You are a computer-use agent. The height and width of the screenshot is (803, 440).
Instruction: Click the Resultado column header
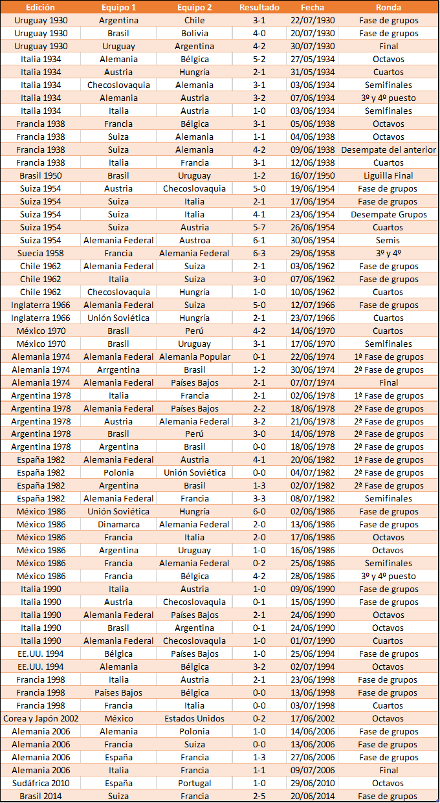[x=259, y=8]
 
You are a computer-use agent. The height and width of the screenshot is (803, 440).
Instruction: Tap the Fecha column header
[x=313, y=8]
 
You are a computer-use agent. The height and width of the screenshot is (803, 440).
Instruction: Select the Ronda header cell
[x=388, y=8]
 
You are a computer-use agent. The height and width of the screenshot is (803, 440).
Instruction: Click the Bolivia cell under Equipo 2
[x=194, y=33]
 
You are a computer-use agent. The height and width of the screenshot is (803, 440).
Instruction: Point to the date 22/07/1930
[x=313, y=20]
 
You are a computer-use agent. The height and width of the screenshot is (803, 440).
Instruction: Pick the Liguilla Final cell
[x=388, y=175]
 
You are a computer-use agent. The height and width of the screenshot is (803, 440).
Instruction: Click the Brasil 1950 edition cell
[x=41, y=175]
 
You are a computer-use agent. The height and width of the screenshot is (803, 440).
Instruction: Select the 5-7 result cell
[x=259, y=227]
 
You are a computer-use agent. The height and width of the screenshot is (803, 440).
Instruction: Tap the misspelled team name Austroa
[x=194, y=240]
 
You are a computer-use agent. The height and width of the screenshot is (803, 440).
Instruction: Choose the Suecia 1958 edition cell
[x=41, y=253]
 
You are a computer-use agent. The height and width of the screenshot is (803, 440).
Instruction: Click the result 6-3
[x=259, y=253]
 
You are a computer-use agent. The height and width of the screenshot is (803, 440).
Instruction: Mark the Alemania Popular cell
[x=194, y=357]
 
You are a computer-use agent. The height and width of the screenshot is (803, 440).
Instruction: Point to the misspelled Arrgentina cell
[x=118, y=369]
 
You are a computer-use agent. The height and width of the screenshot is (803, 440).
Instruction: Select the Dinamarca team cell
[x=118, y=524]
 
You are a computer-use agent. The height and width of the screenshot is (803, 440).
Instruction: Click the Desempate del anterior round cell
[x=388, y=149]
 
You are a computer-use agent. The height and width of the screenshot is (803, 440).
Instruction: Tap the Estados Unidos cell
[x=194, y=718]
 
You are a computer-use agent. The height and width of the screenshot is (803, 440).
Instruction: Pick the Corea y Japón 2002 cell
[x=41, y=718]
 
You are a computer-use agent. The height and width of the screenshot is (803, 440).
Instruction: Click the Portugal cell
[x=194, y=783]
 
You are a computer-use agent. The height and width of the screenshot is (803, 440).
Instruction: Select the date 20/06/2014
[x=313, y=796]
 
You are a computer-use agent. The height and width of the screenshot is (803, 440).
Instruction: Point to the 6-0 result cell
[x=259, y=511]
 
